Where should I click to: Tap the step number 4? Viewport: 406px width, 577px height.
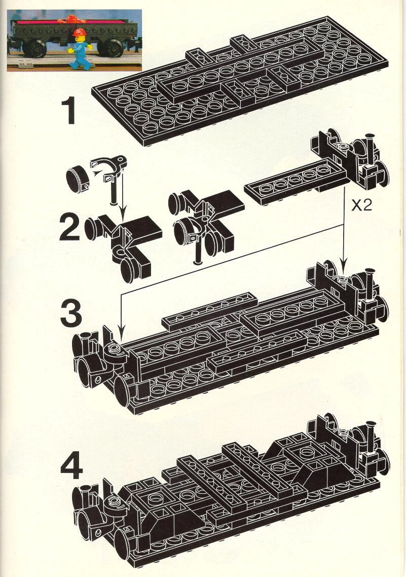pos(71,466)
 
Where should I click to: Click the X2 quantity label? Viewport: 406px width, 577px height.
pos(361,206)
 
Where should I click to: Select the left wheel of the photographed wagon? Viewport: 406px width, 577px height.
pos(35,48)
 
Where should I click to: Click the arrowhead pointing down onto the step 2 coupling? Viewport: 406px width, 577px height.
pos(122,215)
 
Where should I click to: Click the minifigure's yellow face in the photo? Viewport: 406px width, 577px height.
pos(79,38)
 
